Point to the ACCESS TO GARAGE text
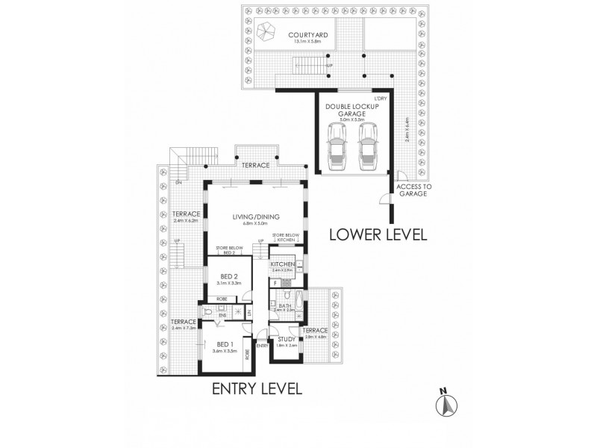411,190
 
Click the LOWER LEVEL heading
378,234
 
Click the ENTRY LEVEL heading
257,388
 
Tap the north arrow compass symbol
446,403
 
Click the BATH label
284,305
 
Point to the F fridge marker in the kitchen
275,284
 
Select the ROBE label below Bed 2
210,299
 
